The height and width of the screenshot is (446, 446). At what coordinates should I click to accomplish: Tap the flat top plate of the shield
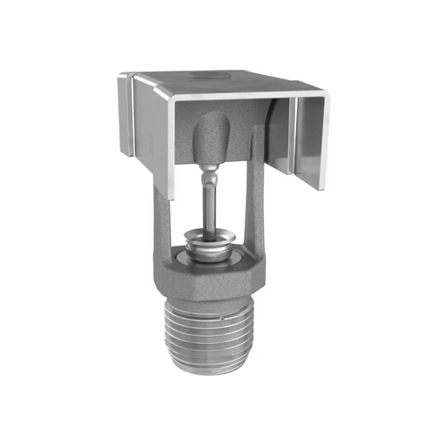point(226,82)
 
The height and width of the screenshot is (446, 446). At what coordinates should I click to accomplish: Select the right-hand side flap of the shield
point(314,139)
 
